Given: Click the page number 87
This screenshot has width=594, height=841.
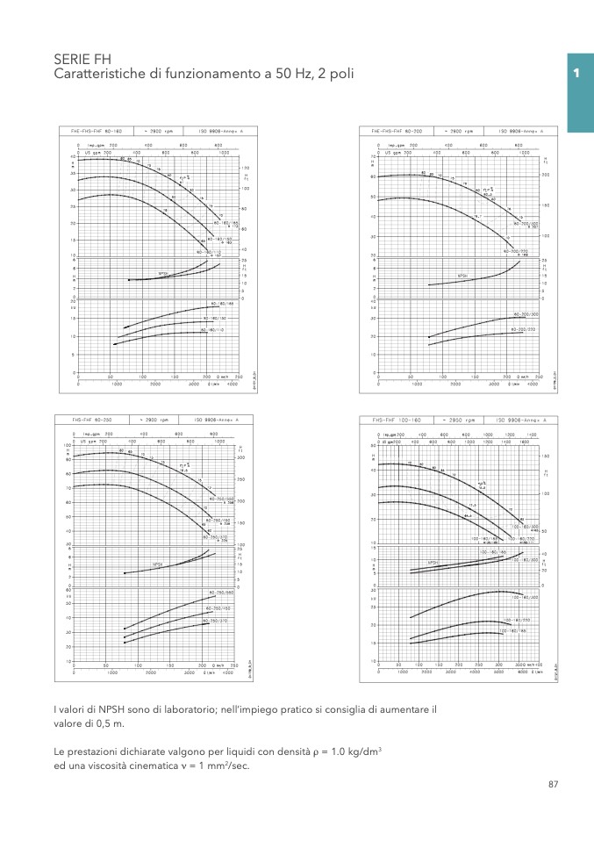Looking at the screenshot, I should (x=553, y=784).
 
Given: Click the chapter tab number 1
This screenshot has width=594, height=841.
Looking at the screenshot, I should (x=577, y=74).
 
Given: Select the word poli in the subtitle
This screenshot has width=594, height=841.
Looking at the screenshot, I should (x=340, y=75).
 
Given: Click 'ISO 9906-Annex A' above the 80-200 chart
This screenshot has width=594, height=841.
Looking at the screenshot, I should (x=522, y=130).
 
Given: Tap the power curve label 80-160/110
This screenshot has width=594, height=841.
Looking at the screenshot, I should (x=212, y=330).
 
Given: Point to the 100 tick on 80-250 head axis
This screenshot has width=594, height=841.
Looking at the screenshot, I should (x=68, y=445).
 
